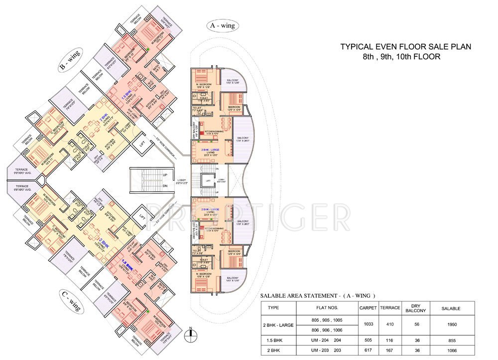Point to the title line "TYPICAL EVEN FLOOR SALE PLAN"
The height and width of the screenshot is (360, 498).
[406, 47]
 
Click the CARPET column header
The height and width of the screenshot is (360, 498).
[368, 308]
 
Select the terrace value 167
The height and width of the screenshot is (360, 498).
[390, 350]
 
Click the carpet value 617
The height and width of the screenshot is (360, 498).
[368, 350]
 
